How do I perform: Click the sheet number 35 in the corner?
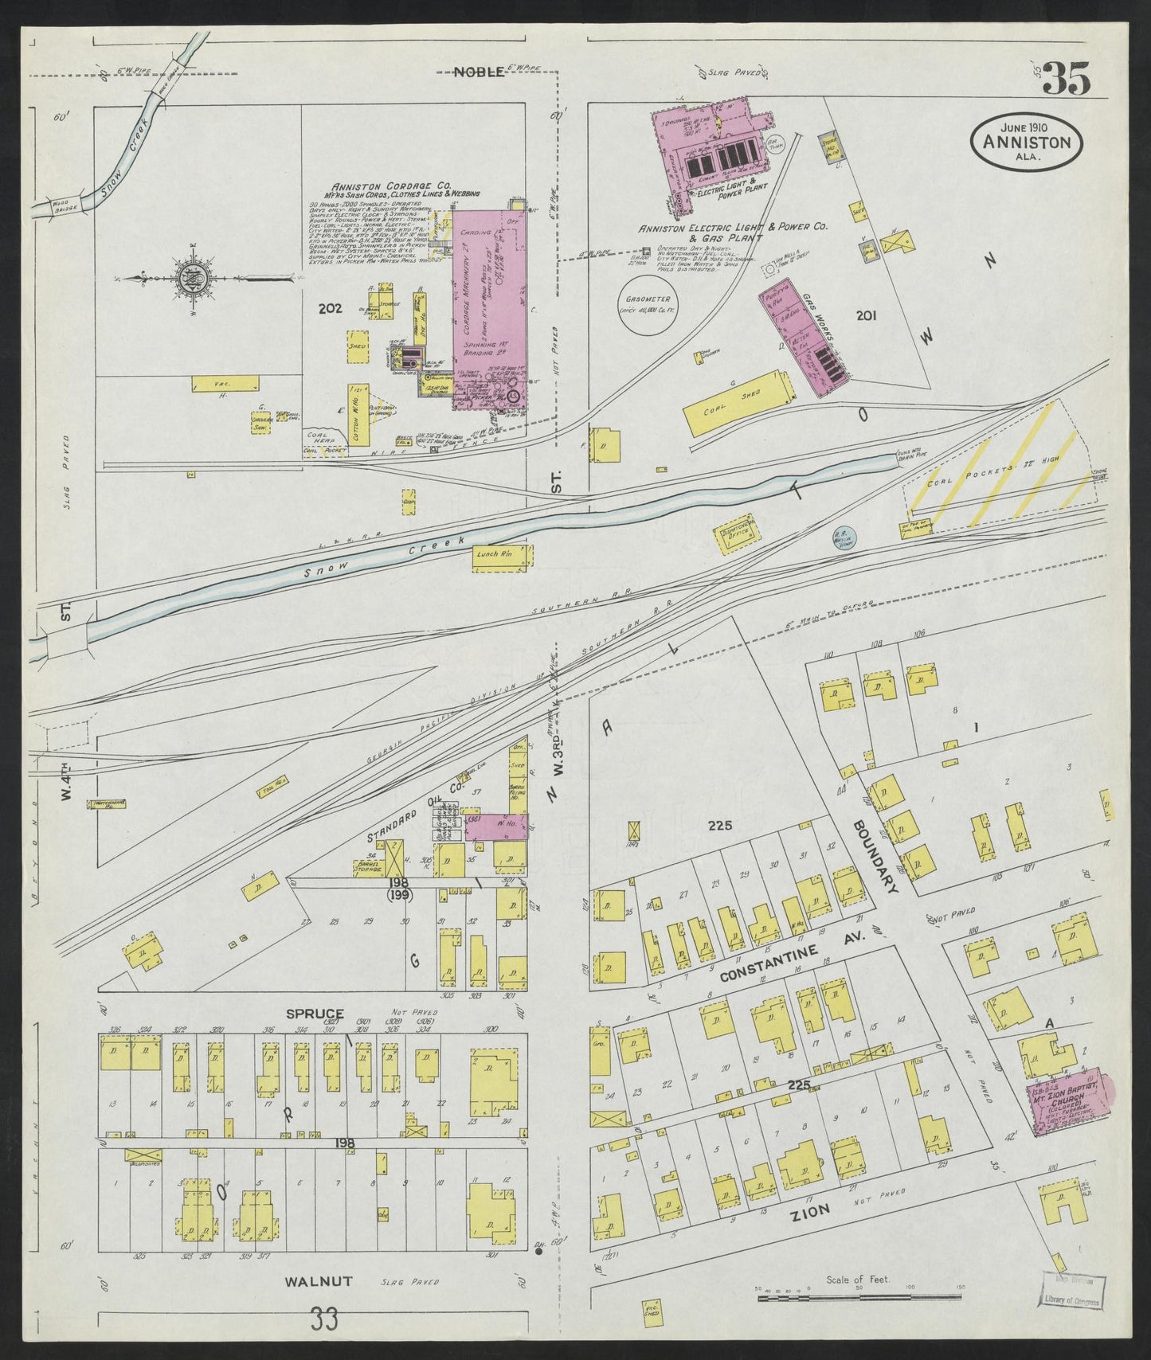[1066, 78]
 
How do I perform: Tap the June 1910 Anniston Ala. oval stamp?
[1026, 140]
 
